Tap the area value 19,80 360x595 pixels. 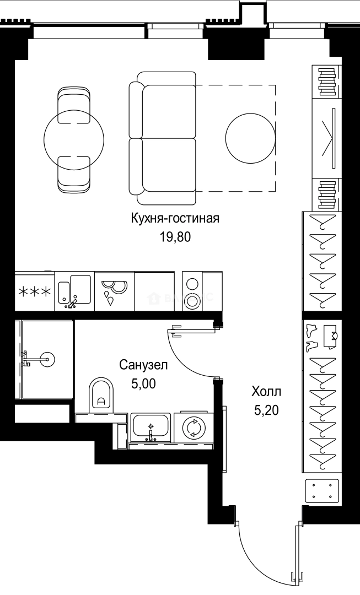(175, 237)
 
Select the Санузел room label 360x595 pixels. (143, 365)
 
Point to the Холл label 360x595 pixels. (266, 392)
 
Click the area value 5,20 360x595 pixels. (266, 410)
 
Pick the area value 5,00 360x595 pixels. (143, 383)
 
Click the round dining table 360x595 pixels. (74, 140)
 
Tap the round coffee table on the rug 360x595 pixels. (250, 138)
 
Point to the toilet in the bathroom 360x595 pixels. (100, 395)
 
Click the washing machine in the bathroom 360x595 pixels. (193, 428)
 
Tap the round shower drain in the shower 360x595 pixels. (48, 360)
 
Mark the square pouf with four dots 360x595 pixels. (322, 490)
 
